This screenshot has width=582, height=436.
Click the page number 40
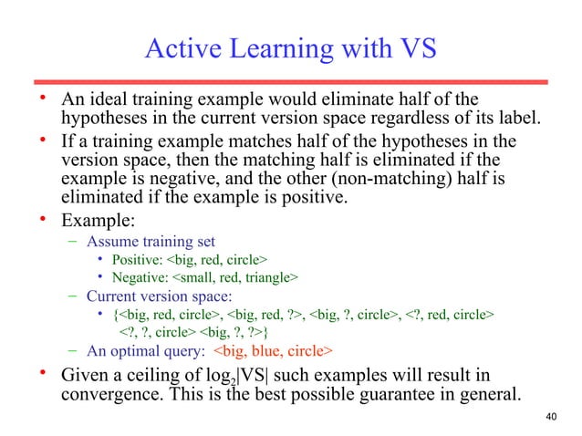click(549, 418)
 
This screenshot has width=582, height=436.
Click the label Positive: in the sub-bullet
click(140, 260)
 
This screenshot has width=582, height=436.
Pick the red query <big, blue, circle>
click(274, 350)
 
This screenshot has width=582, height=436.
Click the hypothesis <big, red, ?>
click(265, 316)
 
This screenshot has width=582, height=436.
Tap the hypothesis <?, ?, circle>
click(160, 332)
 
